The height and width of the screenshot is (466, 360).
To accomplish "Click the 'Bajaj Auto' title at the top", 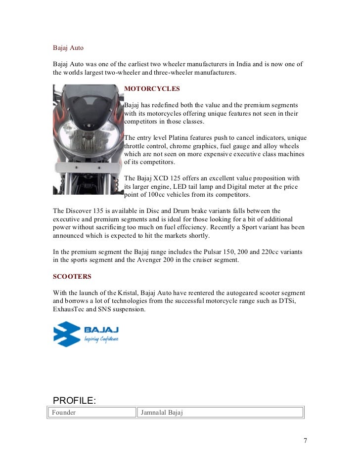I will [68, 48].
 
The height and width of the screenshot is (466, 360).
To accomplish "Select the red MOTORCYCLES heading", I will [152, 89].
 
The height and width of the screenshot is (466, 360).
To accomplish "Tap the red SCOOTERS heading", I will [72, 276].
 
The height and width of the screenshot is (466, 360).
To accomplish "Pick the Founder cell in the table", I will [64, 413].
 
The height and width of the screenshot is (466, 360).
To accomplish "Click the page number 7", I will [306, 441].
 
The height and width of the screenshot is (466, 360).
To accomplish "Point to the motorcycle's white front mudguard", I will [87, 168].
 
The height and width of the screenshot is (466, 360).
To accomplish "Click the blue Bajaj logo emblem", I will [67, 334].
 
